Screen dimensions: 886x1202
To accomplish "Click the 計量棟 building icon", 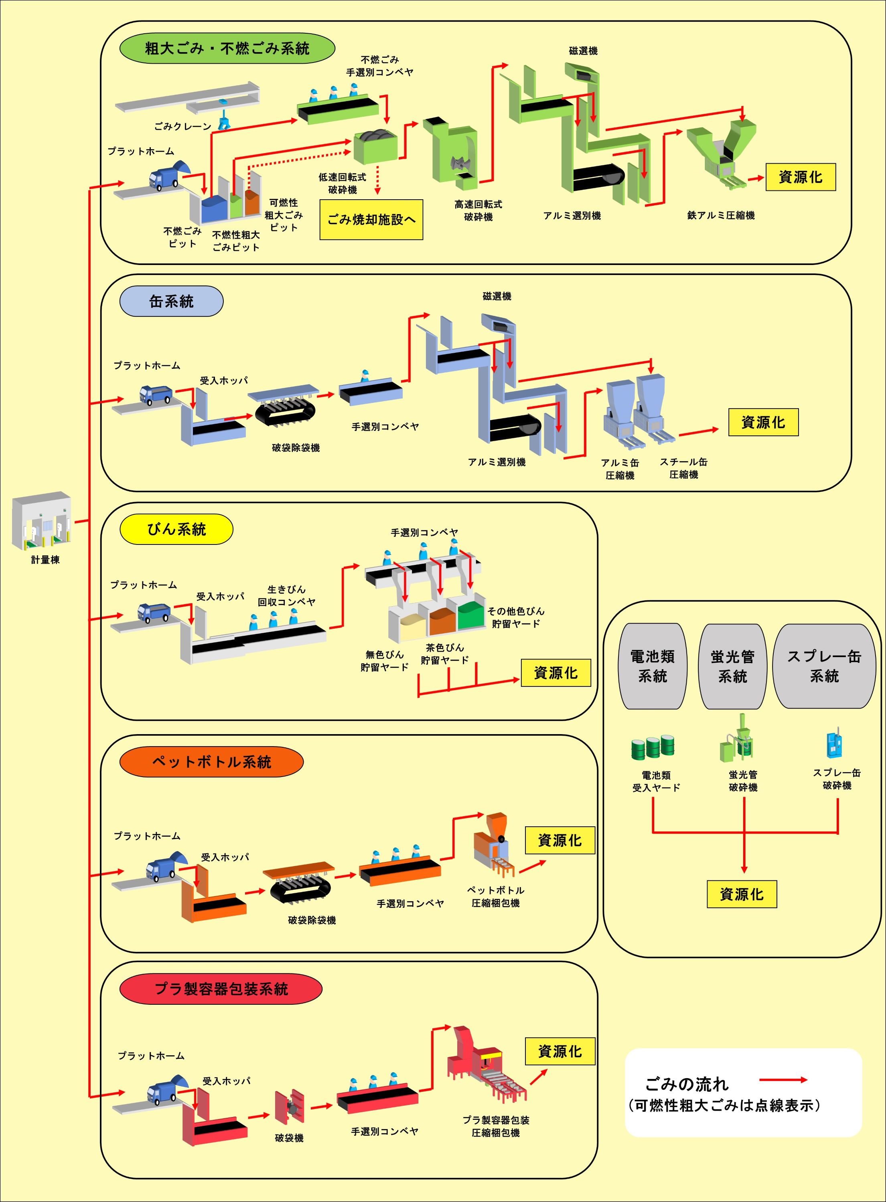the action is pos(42,520).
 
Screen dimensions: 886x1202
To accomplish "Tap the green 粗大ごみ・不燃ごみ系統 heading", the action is pos(227,48).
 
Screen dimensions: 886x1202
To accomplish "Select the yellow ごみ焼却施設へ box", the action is pos(371,219).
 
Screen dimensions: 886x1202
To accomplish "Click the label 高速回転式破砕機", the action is pos(478,211).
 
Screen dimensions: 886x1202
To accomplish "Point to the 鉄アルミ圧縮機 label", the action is pos(721,215).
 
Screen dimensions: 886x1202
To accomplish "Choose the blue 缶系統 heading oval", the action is pos(171,302).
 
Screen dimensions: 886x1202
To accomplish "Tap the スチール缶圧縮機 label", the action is pos(683,468).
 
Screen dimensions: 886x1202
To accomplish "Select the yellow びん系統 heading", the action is pos(176,529).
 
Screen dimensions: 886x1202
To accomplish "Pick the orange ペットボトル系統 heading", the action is pos(211,761).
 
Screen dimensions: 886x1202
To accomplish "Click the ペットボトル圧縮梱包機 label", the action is pos(496,896).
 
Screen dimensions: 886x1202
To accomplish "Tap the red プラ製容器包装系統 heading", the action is pos(221,989).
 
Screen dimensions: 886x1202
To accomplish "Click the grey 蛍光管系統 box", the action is pos(733,666).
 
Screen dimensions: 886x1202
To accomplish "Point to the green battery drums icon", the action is pos(653,746).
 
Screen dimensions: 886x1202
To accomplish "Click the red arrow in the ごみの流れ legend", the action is pos(784,1080).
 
